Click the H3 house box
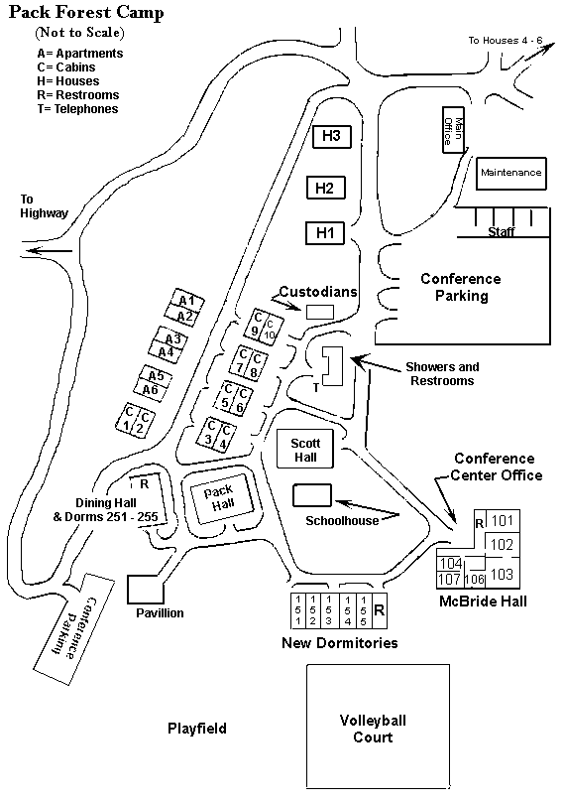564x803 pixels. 332,136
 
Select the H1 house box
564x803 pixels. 325,233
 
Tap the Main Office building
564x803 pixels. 453,130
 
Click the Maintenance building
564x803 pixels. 510,174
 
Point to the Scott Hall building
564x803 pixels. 305,449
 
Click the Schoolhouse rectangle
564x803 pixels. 312,495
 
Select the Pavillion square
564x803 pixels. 146,590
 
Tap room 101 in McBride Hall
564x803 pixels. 503,521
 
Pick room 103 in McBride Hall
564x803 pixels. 503,573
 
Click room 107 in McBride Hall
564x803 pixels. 450,580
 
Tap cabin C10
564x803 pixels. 271,331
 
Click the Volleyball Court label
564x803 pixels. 373,729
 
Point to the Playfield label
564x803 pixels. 197,729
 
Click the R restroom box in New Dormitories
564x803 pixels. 380,610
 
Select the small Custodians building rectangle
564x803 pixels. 320,312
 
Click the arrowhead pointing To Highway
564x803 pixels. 33,251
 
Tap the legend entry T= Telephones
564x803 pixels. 77,109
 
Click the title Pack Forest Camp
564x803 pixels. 86,12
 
